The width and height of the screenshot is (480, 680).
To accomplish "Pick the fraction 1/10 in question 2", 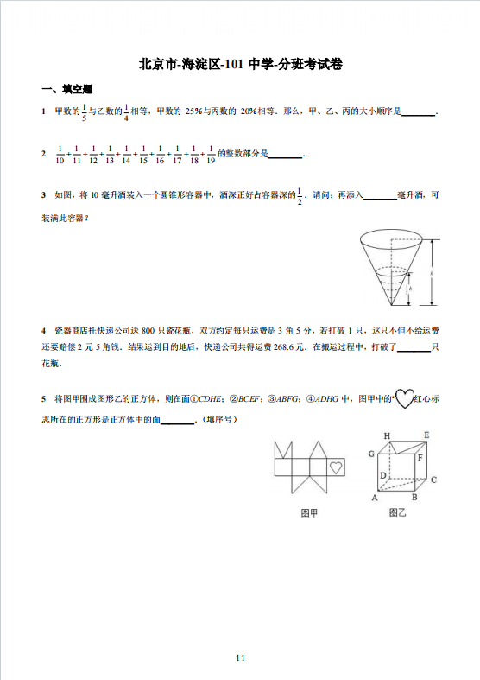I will (60, 155).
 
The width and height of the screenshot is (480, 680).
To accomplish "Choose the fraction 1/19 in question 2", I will (211, 155).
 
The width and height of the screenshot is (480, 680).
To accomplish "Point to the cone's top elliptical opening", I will (392, 239).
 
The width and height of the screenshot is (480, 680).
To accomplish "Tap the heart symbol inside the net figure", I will (336, 467).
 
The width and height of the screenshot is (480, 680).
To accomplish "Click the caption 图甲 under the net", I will (309, 513).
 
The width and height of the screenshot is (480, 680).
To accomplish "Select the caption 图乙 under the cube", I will (397, 512).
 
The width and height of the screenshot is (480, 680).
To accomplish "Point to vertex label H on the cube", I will (387, 435).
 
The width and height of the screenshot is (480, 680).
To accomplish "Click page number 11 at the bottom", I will (240, 658).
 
